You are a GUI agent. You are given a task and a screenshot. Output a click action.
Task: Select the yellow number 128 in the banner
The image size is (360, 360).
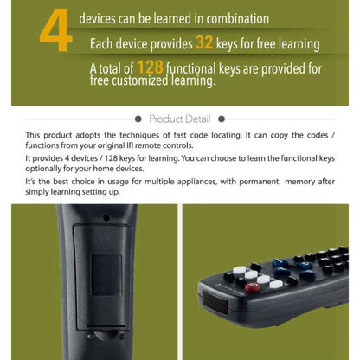149,67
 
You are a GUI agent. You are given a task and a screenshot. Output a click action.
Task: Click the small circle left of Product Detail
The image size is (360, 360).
144,119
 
